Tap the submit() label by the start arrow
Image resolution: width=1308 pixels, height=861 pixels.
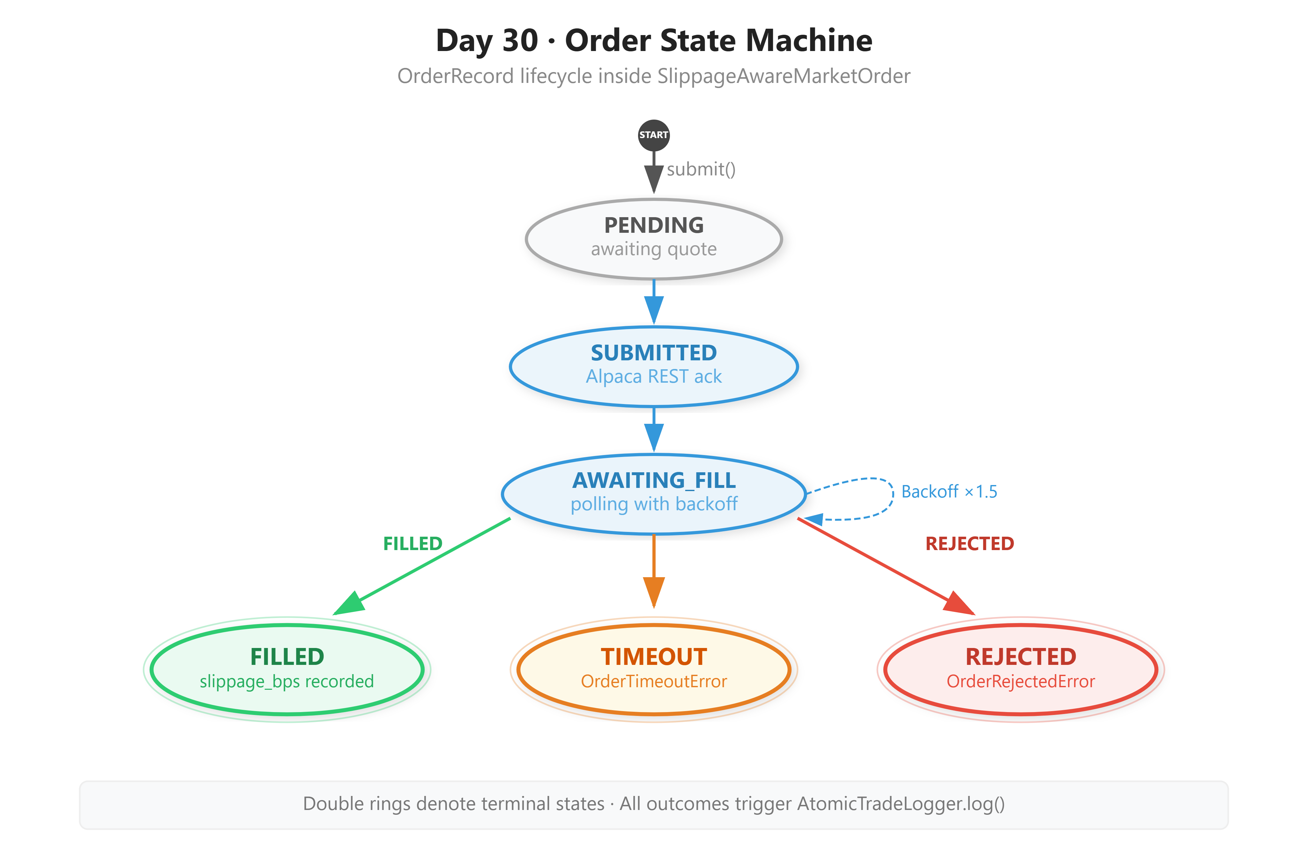(701, 169)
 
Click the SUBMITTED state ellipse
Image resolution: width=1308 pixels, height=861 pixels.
(653, 366)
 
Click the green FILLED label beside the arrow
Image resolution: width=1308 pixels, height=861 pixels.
(413, 543)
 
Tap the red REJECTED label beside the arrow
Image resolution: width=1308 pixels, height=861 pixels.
(970, 543)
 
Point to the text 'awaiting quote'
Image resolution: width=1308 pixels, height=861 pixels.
(653, 249)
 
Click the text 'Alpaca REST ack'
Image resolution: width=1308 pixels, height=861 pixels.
(653, 376)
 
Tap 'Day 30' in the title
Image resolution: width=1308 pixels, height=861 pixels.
(487, 41)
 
